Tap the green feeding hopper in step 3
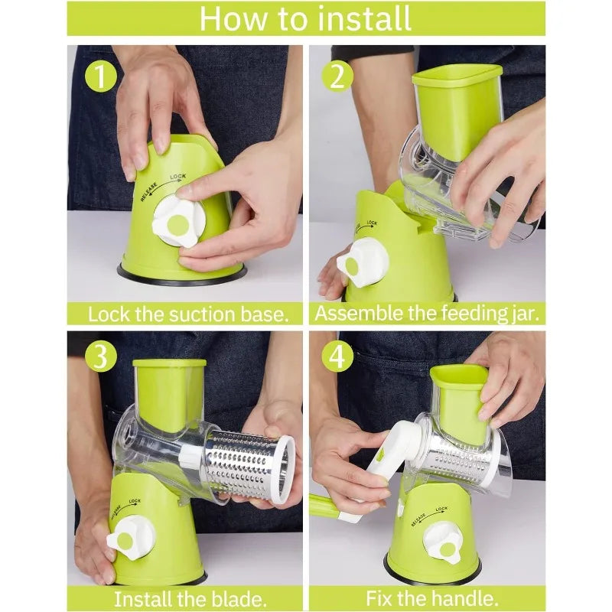tap(169, 394)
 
